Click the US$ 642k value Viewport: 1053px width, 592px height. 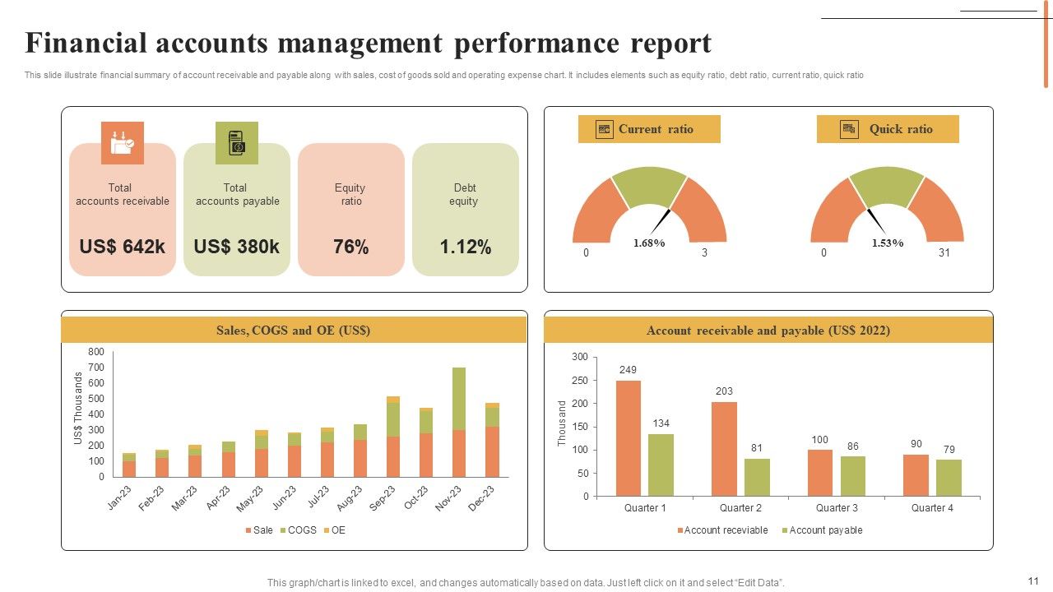pos(122,247)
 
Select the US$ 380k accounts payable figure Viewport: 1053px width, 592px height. pos(237,247)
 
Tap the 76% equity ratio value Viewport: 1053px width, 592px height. pos(350,247)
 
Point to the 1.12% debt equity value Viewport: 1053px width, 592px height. pos(465,247)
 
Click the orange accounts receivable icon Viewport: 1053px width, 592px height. pos(123,143)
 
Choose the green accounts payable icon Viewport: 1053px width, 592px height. pos(237,143)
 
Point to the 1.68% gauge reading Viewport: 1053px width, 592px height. pos(649,243)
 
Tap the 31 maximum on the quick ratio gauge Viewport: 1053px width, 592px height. pos(944,253)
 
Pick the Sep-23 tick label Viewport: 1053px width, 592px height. pos(382,498)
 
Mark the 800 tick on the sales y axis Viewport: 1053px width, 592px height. pos(96,352)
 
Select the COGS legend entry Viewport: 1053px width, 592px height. pos(298,530)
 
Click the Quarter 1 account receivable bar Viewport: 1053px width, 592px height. pos(629,438)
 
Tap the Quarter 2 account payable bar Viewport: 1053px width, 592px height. pos(757,477)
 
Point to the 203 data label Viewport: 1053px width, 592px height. pos(724,391)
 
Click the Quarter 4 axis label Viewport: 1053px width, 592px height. pos(932,508)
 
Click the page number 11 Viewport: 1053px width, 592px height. pos(1034,580)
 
